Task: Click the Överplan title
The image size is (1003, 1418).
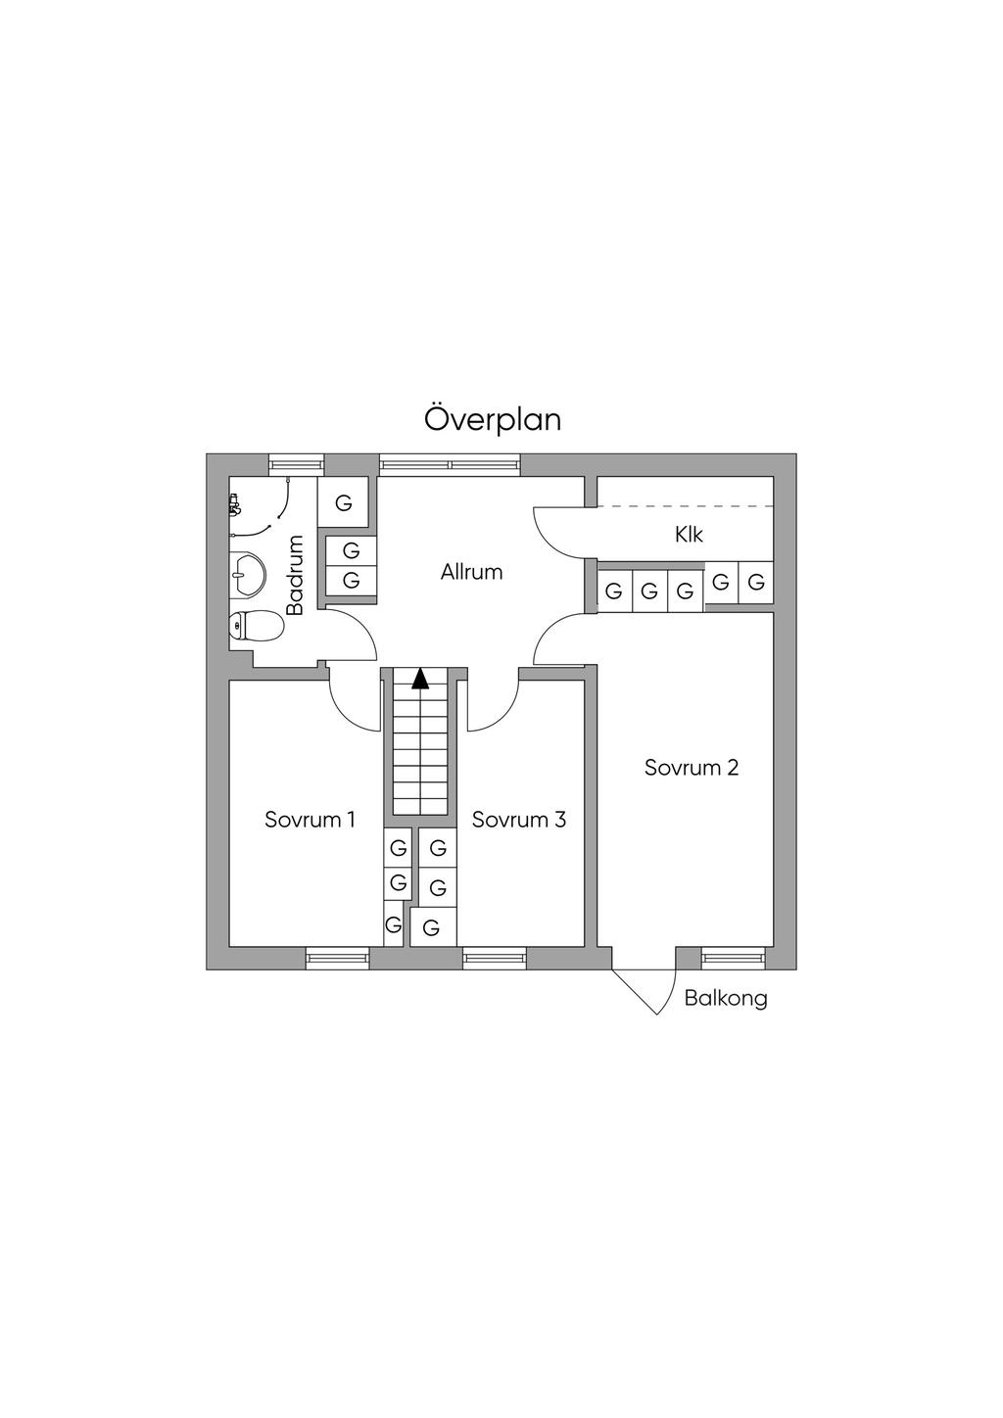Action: click(x=493, y=419)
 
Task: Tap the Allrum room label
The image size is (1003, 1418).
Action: click(x=471, y=572)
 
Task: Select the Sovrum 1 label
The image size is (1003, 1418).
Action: click(x=310, y=820)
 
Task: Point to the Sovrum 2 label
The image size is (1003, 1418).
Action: click(x=691, y=768)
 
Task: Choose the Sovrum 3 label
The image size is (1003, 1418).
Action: click(x=518, y=820)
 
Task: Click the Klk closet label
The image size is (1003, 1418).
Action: click(x=689, y=536)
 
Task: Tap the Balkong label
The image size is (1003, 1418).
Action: click(x=726, y=999)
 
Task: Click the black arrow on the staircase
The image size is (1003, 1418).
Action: click(x=420, y=678)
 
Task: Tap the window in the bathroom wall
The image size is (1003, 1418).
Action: click(x=296, y=465)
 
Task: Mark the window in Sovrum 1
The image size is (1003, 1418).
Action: click(x=337, y=958)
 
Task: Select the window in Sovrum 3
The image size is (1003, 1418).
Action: click(x=495, y=958)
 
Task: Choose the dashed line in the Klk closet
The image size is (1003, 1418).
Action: click(x=686, y=506)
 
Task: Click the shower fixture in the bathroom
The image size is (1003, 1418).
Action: click(x=234, y=505)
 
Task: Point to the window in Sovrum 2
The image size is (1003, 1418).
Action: click(x=733, y=958)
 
